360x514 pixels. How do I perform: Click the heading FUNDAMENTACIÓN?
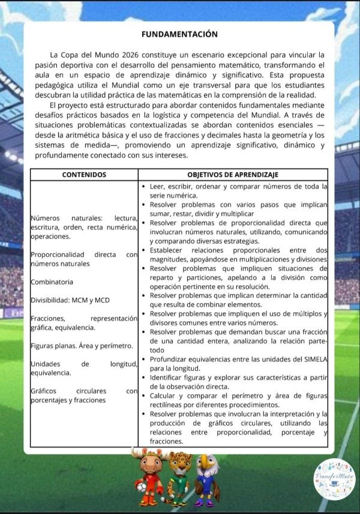(x=179, y=34)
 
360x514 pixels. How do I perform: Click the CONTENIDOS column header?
(x=84, y=175)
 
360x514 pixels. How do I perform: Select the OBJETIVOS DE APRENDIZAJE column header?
(x=233, y=175)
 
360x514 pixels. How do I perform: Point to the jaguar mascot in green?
(x=179, y=477)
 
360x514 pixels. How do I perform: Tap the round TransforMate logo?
(x=335, y=478)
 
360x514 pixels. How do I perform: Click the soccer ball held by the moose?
(x=141, y=488)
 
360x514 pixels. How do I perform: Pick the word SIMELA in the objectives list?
(x=313, y=360)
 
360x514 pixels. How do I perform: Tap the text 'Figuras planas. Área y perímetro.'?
(x=82, y=345)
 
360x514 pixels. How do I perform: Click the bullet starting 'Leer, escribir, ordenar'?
(x=144, y=187)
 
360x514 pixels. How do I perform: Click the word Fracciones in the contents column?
(x=49, y=318)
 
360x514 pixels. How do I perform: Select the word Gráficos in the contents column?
(x=46, y=390)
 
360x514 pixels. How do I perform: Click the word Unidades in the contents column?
(x=45, y=363)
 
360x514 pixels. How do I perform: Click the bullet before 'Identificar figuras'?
(x=144, y=377)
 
